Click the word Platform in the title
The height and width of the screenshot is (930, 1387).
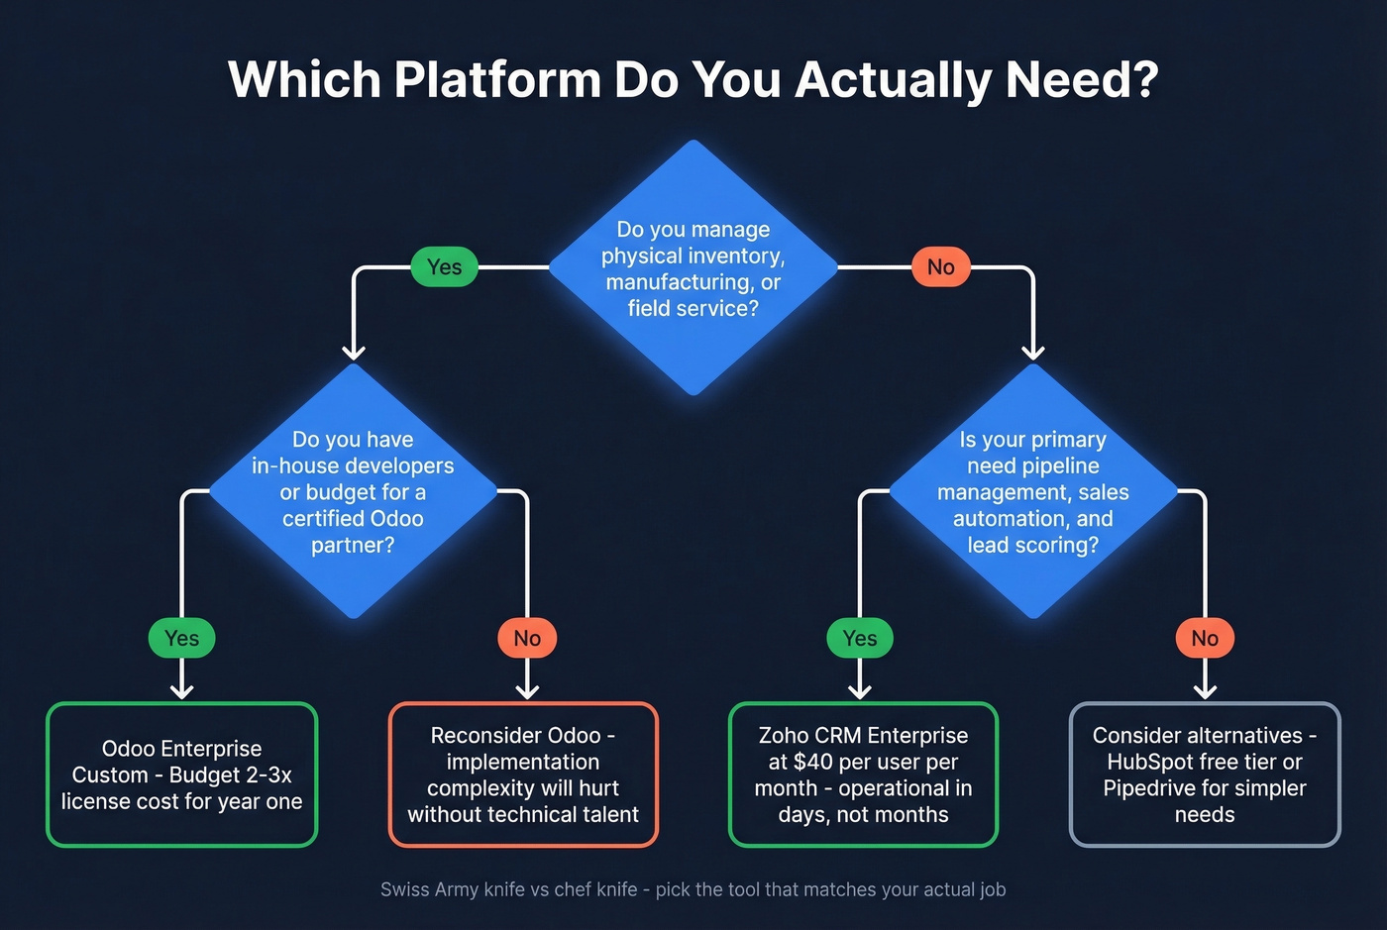click(x=496, y=79)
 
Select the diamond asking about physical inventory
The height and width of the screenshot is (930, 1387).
click(x=693, y=267)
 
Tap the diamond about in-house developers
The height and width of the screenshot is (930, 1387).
click(x=353, y=491)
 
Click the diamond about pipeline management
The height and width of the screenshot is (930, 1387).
click(x=1032, y=491)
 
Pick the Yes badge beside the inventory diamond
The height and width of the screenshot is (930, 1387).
click(x=444, y=266)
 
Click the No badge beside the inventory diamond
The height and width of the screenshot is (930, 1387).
click(x=940, y=266)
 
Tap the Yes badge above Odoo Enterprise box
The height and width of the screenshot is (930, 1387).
click(x=181, y=638)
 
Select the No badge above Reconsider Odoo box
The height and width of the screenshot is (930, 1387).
click(x=527, y=638)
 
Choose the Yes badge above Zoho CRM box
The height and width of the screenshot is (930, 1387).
click(x=859, y=638)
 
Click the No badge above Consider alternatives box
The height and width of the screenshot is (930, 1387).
click(x=1205, y=638)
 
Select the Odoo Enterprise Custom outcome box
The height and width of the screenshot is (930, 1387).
click(x=181, y=775)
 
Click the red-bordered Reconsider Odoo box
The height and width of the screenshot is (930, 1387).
click(x=523, y=775)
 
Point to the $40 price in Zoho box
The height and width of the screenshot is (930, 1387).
click(x=813, y=762)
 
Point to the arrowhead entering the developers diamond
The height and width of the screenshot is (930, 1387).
click(x=354, y=352)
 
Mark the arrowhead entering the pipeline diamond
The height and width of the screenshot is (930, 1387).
click(x=1032, y=352)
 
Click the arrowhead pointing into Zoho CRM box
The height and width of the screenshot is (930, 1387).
click(x=859, y=691)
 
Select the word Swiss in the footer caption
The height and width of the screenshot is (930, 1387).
click(x=404, y=889)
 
